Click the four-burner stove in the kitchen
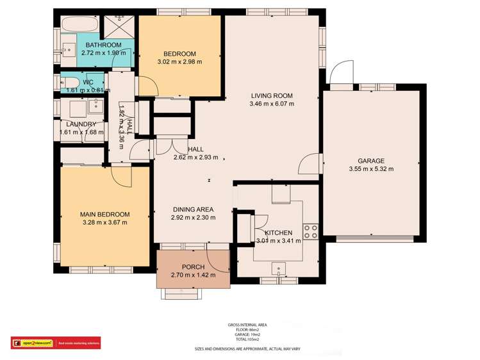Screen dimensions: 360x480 tap(311, 231)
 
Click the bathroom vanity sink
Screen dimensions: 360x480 tap(67, 48)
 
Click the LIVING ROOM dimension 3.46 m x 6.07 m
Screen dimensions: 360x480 tap(272, 103)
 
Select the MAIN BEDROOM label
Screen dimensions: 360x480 tap(104, 214)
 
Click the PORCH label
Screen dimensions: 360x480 tap(193, 267)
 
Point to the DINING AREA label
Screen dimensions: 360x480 tap(192, 209)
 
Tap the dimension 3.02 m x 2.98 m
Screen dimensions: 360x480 tap(179, 62)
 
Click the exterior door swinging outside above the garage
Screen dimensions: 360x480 tap(342, 72)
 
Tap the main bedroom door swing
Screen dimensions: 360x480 tap(120, 173)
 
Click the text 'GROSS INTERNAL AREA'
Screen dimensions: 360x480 tap(247, 325)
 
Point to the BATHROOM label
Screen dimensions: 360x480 tap(104, 45)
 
